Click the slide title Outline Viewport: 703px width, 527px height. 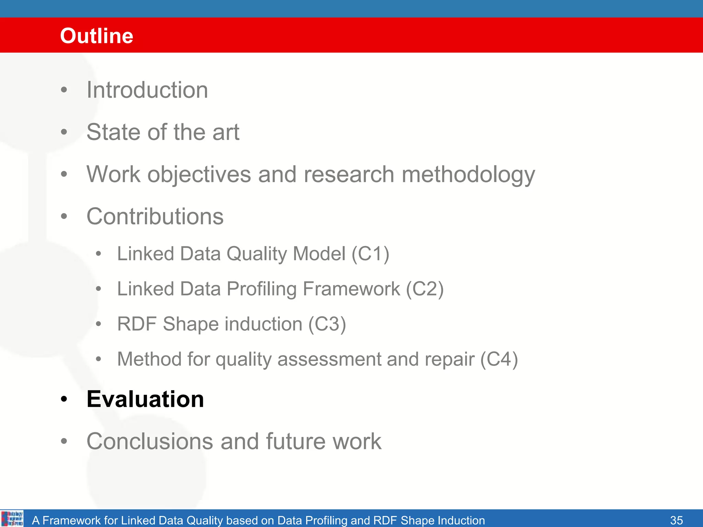(x=96, y=36)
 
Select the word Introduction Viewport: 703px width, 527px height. (x=147, y=90)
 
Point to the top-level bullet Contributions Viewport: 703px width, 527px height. (x=155, y=216)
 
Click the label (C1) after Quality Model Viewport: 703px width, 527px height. (x=370, y=254)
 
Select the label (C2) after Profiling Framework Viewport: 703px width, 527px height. (x=425, y=289)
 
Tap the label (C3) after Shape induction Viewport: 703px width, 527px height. (x=327, y=324)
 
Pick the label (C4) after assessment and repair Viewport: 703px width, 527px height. (x=499, y=359)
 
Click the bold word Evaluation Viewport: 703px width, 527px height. (x=145, y=399)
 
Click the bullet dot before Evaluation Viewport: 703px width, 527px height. (x=64, y=399)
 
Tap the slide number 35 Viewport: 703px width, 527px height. (x=676, y=520)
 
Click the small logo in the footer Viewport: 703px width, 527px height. (x=12, y=518)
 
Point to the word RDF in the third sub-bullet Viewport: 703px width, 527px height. (x=137, y=324)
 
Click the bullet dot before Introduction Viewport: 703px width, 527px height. (x=64, y=90)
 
